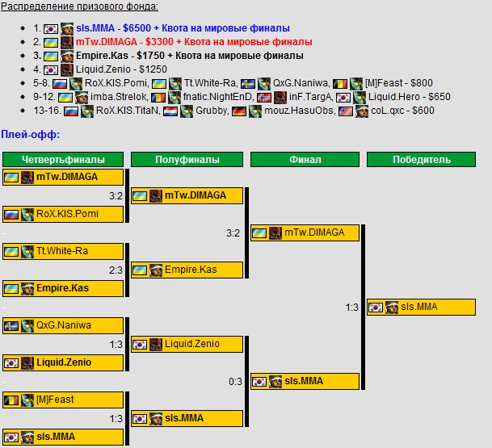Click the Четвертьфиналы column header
click(x=63, y=160)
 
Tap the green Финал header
click(x=305, y=160)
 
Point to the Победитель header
click(x=421, y=160)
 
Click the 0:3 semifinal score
click(x=235, y=381)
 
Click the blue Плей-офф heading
click(x=31, y=135)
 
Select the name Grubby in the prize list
click(x=213, y=111)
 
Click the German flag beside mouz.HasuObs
click(x=239, y=111)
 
